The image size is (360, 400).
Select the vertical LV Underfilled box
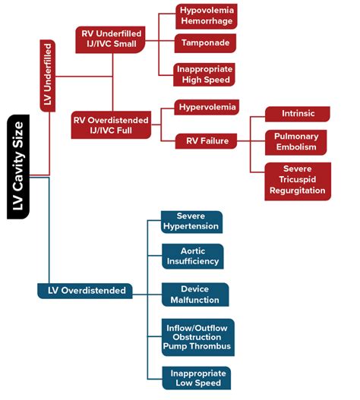pos(47,77)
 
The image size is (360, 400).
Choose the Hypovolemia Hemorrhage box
pos(207,14)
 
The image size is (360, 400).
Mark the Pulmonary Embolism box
pos(296,141)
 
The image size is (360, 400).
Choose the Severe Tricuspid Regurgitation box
pos(296,181)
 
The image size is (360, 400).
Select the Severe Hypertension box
pos(191,222)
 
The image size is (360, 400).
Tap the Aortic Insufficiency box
pos(192,257)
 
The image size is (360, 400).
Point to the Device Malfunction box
pos(194,294)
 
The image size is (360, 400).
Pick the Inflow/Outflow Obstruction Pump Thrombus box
pos(197,336)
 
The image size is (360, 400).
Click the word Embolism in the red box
pos(297,146)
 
